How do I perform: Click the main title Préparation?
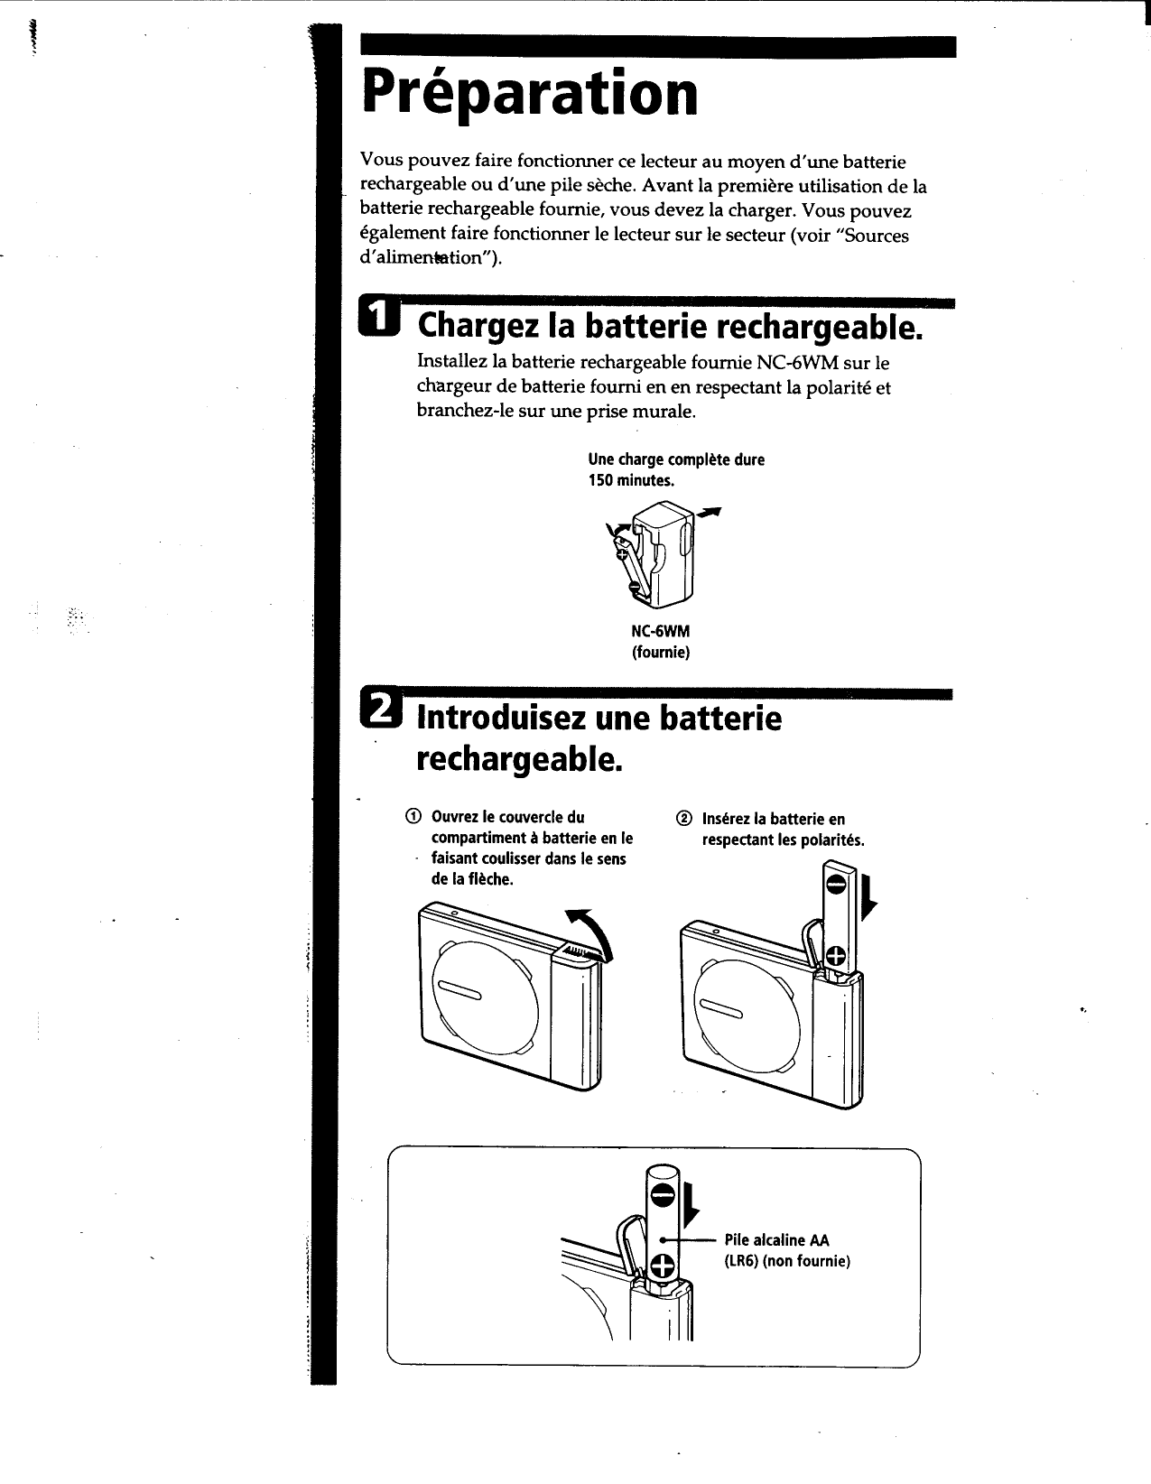coord(530,94)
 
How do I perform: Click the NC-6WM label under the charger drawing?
coord(660,632)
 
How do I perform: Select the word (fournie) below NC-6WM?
coord(660,652)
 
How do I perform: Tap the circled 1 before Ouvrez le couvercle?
coord(412,818)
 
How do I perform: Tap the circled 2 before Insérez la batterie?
coord(682,819)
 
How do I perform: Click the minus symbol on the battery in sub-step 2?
coord(835,886)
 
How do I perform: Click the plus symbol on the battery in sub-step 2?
coord(836,956)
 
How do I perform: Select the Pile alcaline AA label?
coord(776,1240)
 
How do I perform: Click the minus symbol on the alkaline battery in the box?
coord(662,1197)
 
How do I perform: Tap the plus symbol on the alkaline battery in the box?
coord(662,1267)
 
